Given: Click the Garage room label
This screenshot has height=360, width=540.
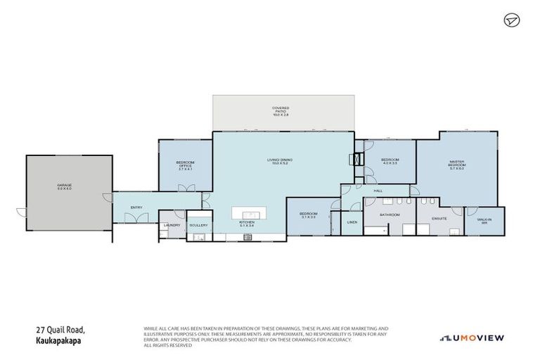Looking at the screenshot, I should click(65, 186).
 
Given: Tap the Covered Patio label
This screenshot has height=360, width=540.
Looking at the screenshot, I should click(281, 110).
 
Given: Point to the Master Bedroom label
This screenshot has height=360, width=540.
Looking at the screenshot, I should click(457, 165).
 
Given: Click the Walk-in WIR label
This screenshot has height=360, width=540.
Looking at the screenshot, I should click(484, 221).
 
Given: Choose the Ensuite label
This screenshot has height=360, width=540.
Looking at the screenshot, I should click(439, 219).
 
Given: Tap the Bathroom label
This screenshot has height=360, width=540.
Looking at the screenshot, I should click(390, 214).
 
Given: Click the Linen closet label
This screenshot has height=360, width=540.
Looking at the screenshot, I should click(352, 223).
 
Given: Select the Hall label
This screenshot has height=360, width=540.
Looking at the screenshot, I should click(378, 191).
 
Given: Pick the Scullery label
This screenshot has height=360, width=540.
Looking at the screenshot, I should click(198, 225).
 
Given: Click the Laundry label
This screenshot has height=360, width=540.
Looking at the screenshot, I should click(172, 225).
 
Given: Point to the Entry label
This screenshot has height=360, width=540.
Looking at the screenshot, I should click(136, 207).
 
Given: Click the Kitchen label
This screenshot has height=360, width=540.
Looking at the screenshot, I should click(246, 223).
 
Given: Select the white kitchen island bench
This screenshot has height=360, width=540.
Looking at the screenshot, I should click(250, 212).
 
